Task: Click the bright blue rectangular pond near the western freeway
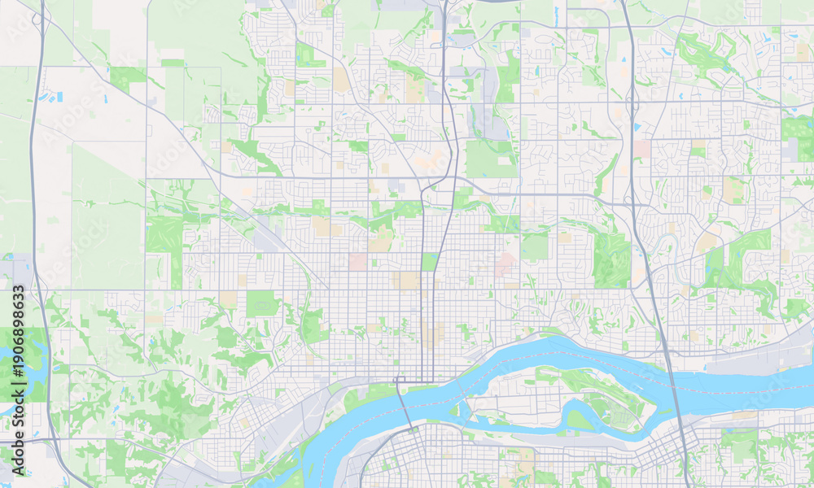point(59,97)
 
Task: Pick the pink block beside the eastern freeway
point(642,149)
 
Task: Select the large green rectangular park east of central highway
point(491,159)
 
